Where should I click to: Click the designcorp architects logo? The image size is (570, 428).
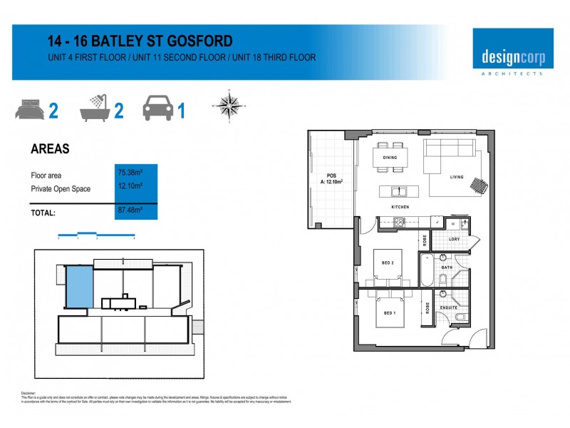512,52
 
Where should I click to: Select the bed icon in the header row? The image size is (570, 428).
29,111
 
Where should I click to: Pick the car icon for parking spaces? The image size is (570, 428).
157,109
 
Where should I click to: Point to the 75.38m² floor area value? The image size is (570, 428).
130,172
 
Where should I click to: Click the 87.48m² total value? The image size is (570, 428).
130,210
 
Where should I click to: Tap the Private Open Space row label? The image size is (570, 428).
61,189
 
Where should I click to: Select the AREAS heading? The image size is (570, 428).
50,149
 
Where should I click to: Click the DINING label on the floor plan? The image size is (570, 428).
390,158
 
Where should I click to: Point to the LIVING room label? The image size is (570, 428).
456,177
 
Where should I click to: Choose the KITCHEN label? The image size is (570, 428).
399,207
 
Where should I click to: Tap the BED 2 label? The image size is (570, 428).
388,263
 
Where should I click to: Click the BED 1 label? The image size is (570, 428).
390,314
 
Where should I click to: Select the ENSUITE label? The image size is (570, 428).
448,307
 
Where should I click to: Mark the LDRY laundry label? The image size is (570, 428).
454,240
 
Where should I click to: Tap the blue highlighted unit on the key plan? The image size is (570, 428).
79,286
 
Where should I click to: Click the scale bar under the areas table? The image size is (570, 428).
96,233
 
